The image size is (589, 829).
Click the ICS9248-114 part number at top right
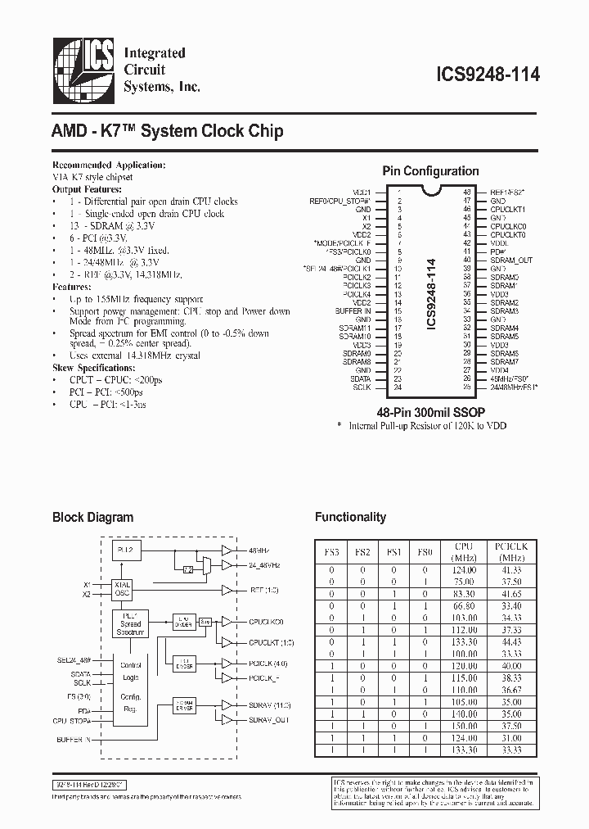(x=484, y=74)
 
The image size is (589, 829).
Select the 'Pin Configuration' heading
(x=431, y=171)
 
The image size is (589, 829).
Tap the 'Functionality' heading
(x=350, y=517)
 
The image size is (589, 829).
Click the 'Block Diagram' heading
(x=92, y=517)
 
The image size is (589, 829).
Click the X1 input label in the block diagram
(x=88, y=584)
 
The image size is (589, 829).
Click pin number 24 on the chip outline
(x=398, y=387)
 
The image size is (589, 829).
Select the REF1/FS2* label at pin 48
(x=508, y=190)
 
